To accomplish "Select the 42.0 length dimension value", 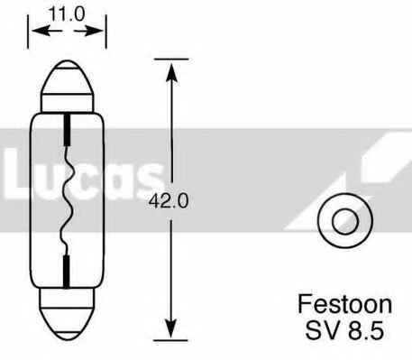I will coord(169,202).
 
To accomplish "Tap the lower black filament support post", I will coord(68,268).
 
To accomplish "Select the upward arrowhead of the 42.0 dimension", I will coord(169,68).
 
